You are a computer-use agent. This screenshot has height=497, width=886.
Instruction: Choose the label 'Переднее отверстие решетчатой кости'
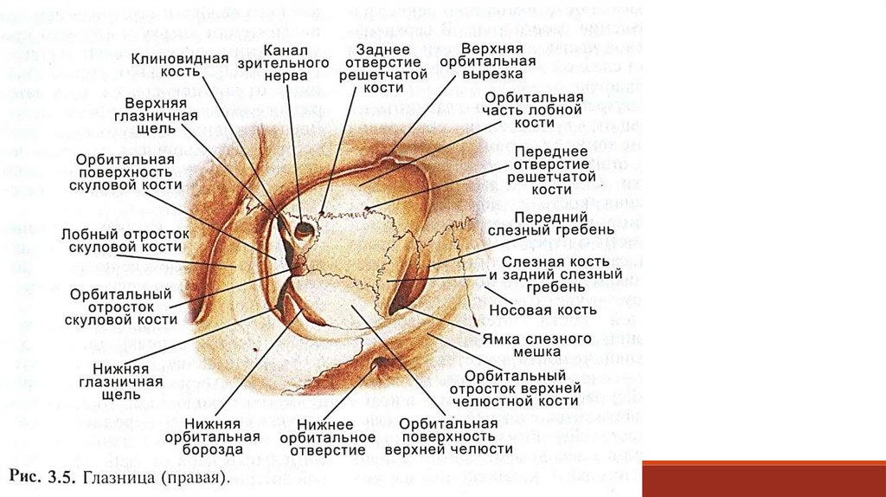(x=551, y=171)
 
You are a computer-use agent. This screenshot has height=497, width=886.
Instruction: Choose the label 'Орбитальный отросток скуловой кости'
(x=120, y=307)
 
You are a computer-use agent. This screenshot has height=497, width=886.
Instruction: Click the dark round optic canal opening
(x=305, y=230)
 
